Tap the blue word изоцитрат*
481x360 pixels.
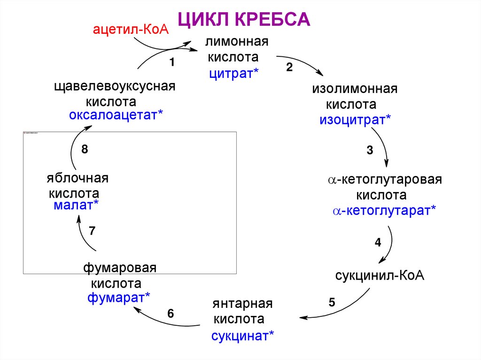[355, 119]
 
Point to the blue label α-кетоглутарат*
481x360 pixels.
[384, 211]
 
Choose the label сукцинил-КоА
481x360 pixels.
[380, 275]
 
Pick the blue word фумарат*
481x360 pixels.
[119, 298]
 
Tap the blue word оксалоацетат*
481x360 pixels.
[116, 115]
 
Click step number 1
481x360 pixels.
[172, 62]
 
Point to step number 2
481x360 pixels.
[289, 67]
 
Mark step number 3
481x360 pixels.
[370, 151]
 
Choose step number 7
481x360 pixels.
[92, 230]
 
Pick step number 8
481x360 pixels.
[85, 150]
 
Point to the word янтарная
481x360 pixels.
[242, 303]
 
